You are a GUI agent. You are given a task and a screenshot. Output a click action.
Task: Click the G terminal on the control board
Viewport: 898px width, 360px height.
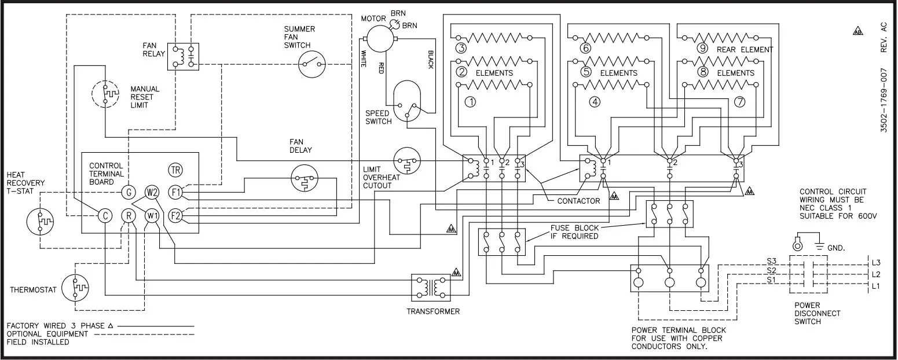click(128, 192)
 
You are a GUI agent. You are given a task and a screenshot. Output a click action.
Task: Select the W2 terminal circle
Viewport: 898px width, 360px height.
click(152, 192)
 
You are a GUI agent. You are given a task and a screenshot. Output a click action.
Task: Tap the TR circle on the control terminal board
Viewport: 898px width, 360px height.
click(175, 170)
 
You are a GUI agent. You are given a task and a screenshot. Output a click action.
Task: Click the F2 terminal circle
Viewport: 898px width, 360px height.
click(175, 215)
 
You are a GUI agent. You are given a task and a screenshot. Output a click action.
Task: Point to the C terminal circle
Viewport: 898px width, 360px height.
click(104, 215)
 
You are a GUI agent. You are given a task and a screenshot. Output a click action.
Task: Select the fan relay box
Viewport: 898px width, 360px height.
click(183, 56)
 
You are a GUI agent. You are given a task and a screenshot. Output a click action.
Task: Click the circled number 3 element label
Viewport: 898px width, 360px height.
click(461, 48)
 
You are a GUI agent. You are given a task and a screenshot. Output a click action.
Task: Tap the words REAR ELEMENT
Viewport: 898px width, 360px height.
click(745, 49)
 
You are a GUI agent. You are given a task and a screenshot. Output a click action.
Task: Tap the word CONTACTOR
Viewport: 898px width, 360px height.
click(578, 201)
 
